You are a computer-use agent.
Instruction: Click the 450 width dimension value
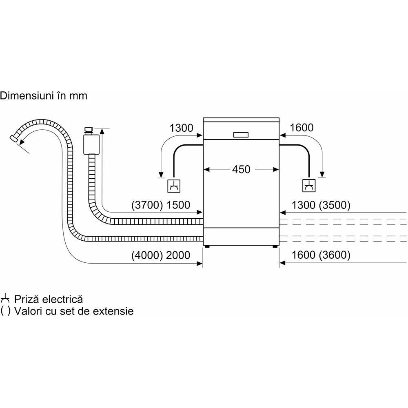click(241, 169)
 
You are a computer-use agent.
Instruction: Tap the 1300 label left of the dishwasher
click(181, 128)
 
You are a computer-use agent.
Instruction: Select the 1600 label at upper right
click(302, 128)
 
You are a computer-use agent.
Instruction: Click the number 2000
click(178, 255)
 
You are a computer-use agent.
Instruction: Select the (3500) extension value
click(334, 205)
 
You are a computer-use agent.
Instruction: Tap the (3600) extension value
click(334, 255)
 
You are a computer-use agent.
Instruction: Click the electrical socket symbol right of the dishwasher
click(308, 186)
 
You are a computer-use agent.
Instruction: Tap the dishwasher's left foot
click(208, 246)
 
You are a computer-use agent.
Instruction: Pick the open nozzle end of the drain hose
click(15, 139)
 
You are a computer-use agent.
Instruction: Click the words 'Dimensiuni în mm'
click(44, 96)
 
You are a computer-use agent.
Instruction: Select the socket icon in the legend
click(5, 298)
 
